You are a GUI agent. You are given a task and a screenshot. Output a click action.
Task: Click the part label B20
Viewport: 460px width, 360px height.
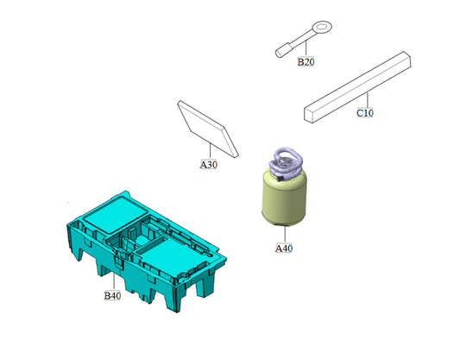click(x=306, y=63)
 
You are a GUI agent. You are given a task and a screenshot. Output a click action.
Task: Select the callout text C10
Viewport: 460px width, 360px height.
click(x=365, y=113)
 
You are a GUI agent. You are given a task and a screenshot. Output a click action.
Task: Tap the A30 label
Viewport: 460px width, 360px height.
click(x=209, y=163)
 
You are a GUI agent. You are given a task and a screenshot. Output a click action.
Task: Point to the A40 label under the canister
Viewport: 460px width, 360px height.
click(x=284, y=249)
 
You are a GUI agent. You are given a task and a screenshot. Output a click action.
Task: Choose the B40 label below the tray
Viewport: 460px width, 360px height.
click(x=112, y=296)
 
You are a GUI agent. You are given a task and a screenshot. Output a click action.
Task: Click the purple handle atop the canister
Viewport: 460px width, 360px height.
click(x=284, y=161)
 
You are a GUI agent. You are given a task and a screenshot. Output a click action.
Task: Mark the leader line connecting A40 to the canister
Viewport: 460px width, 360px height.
click(x=284, y=234)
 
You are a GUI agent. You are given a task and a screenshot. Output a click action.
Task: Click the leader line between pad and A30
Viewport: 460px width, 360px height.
click(x=211, y=148)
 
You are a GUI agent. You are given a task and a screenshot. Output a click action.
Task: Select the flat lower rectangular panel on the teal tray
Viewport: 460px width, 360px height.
click(x=164, y=254)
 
